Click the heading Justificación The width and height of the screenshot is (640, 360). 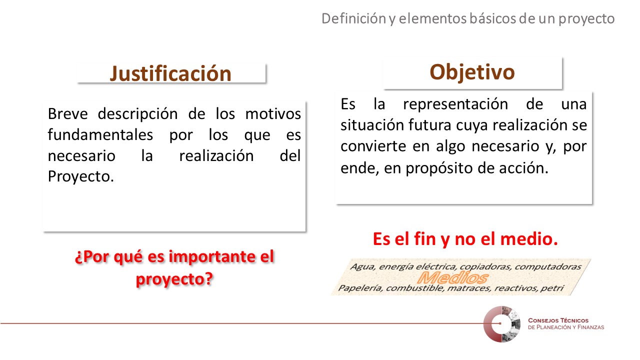(x=170, y=73)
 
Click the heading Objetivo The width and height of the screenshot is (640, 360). (x=472, y=72)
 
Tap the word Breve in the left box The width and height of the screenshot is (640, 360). (x=67, y=113)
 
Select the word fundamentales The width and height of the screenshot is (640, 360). (x=100, y=134)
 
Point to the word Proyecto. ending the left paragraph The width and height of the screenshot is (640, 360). (x=81, y=176)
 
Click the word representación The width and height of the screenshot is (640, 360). (x=455, y=104)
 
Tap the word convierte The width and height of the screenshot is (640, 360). (x=373, y=146)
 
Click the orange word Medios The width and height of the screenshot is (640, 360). (x=453, y=277)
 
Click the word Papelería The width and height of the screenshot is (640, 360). (x=360, y=287)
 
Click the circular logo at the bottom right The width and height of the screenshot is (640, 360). (x=501, y=324)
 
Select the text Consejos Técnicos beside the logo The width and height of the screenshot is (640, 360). (x=558, y=320)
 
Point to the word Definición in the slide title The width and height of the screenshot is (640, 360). (x=354, y=18)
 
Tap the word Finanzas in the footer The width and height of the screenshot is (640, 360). (x=590, y=327)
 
